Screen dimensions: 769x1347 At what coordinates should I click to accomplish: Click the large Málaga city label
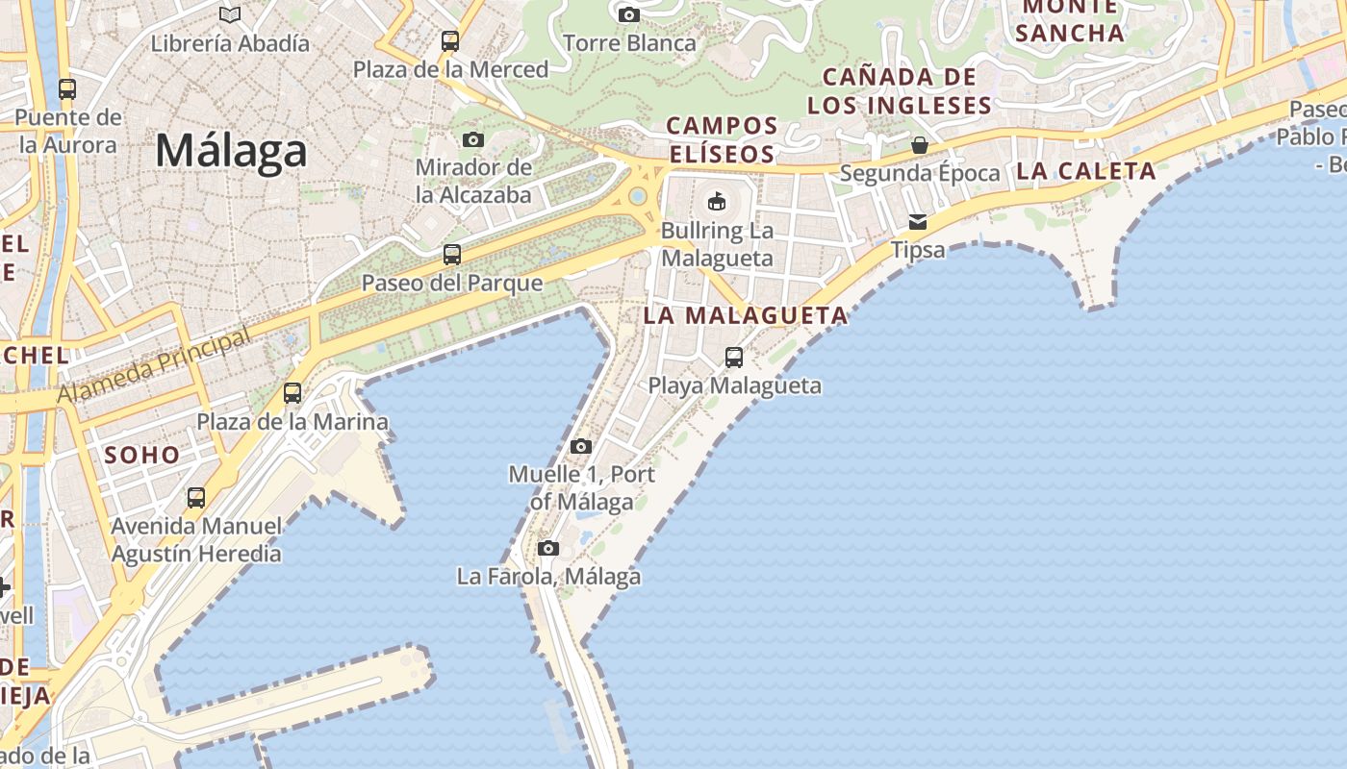(x=231, y=151)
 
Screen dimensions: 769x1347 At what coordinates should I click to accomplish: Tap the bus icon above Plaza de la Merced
(x=450, y=41)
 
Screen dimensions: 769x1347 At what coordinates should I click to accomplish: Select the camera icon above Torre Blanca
(x=629, y=14)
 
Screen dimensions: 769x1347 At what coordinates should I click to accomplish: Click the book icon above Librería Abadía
(x=230, y=14)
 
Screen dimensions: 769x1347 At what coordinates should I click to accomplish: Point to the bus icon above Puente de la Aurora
(x=67, y=89)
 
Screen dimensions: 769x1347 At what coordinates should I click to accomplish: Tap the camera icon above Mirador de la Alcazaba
(x=473, y=139)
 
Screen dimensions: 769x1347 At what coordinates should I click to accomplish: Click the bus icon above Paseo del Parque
(x=452, y=255)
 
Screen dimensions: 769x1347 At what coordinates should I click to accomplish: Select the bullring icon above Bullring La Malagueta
(x=717, y=201)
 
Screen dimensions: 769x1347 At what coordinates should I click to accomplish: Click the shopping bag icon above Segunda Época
(x=920, y=145)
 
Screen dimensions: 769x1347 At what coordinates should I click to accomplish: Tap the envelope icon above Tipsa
(x=918, y=222)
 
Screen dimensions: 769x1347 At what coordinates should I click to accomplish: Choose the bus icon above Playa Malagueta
(x=734, y=358)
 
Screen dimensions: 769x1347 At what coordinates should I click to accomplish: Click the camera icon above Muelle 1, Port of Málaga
(x=580, y=446)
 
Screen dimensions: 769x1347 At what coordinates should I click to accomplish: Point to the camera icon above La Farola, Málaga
(x=548, y=549)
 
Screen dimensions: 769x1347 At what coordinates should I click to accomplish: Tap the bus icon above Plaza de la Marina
(x=292, y=393)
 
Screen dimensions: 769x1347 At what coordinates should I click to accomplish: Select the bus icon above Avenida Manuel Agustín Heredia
(x=196, y=498)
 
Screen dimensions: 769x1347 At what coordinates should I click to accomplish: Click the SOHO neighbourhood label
(x=141, y=455)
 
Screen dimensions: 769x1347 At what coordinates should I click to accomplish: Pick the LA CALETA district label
(x=1085, y=172)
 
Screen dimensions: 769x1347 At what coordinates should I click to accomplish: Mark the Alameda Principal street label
(x=154, y=366)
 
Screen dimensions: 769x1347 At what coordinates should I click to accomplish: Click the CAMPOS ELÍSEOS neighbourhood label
(x=722, y=139)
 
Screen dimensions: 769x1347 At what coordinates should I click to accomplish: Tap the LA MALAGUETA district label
(x=746, y=315)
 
